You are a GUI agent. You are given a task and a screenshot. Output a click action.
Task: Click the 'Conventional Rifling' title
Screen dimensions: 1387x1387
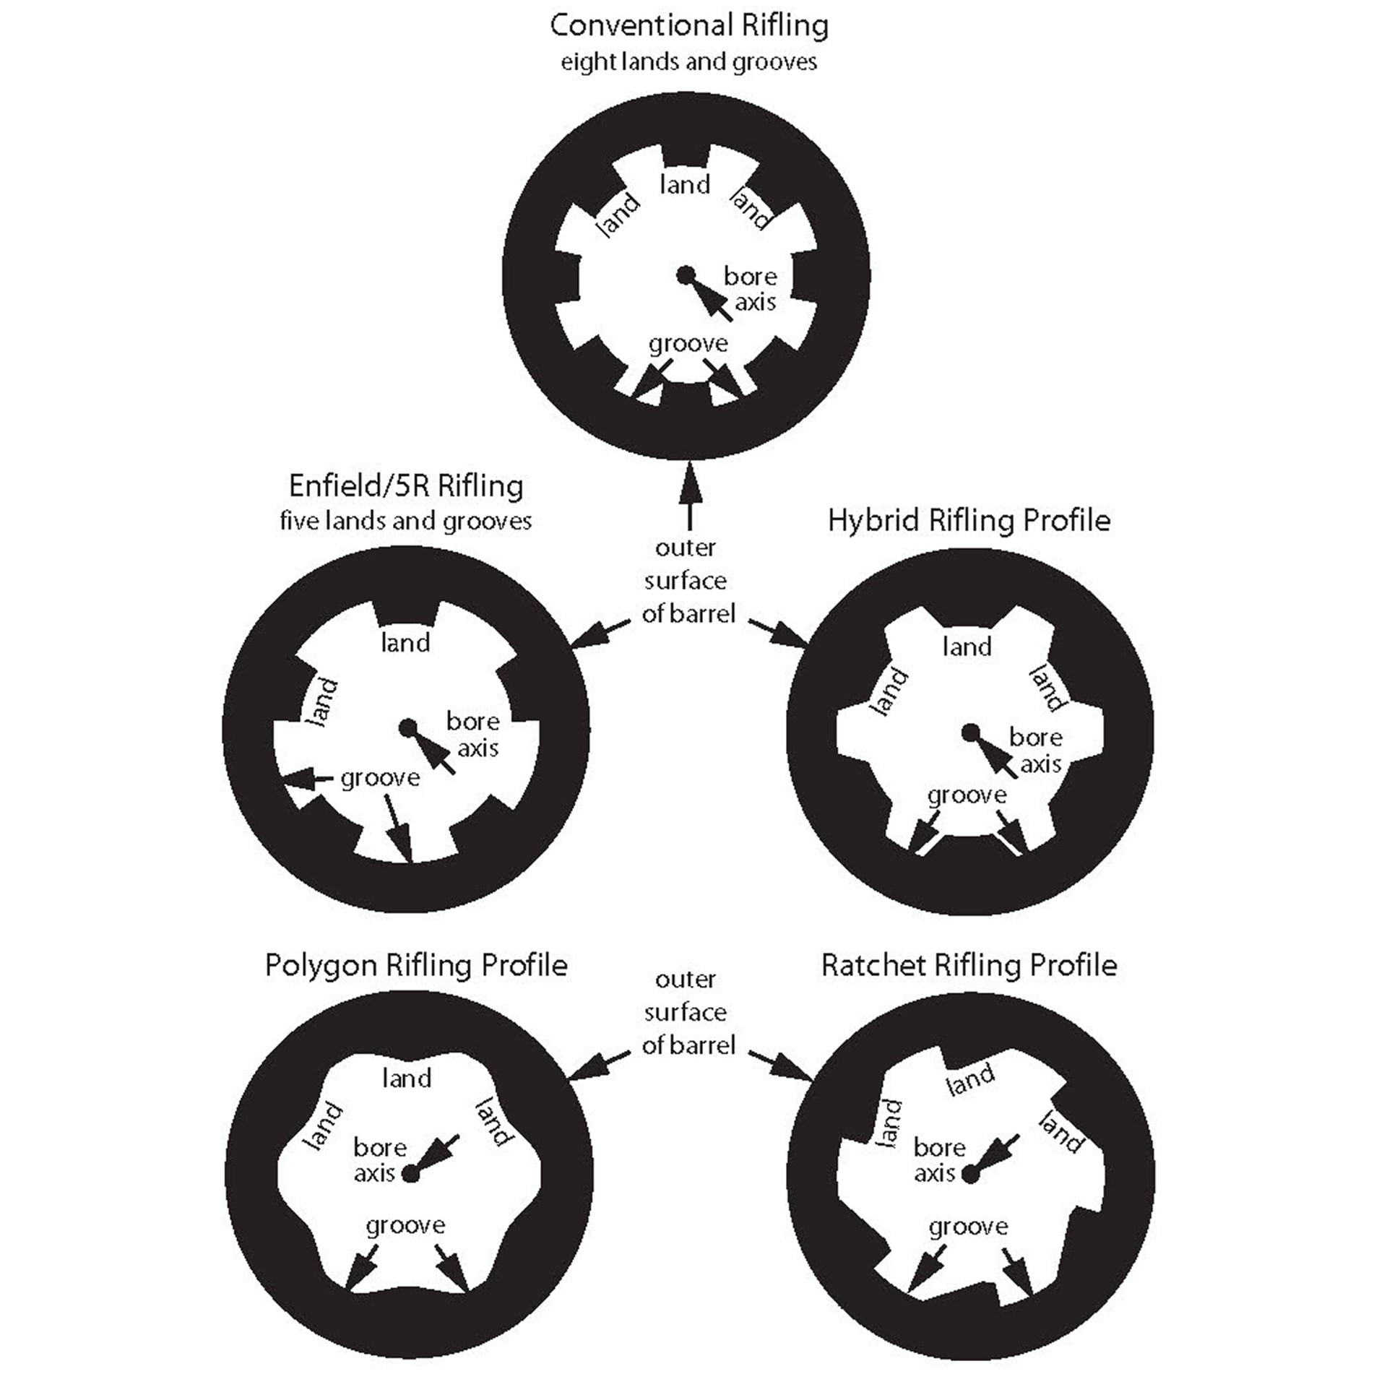tap(688, 26)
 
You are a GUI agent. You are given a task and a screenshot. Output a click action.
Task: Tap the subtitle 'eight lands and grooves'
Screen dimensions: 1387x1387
tap(688, 62)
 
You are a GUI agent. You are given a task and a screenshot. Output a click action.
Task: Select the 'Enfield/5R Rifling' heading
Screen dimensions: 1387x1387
tap(406, 486)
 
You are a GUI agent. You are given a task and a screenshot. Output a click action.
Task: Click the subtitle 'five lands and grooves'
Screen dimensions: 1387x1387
tap(406, 521)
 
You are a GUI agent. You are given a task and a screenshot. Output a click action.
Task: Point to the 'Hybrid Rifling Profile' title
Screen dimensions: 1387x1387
tap(969, 520)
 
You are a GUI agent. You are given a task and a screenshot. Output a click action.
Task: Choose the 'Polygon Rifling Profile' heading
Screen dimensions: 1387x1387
tap(416, 965)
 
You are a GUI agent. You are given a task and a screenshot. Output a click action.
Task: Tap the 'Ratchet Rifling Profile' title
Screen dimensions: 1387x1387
tap(969, 965)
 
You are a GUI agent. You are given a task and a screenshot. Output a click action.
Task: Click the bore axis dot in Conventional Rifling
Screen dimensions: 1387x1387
tap(685, 275)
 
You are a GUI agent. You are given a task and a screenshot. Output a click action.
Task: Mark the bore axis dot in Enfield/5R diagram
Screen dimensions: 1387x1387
tap(408, 727)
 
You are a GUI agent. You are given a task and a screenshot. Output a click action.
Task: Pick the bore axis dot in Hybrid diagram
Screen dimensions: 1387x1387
tap(970, 734)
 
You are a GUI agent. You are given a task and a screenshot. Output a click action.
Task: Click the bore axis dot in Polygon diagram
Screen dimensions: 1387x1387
tap(410, 1174)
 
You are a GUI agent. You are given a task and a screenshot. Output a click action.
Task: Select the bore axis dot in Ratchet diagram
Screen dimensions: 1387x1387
tap(971, 1175)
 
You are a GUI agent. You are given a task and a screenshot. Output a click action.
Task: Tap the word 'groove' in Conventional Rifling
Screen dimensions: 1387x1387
tap(688, 344)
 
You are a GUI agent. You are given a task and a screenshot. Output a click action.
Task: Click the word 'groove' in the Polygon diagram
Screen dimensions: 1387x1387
tap(405, 1226)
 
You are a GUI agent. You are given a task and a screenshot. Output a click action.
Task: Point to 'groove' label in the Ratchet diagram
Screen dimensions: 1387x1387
tap(968, 1227)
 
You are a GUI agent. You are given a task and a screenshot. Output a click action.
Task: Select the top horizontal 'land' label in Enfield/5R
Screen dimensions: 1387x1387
tap(405, 642)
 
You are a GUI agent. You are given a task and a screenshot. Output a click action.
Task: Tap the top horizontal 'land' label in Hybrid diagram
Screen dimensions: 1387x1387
tap(967, 647)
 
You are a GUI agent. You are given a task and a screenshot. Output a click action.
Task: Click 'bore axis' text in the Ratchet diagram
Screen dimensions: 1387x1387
tap(938, 1160)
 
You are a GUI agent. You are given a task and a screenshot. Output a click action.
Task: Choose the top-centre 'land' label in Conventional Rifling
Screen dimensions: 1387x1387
tap(685, 185)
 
